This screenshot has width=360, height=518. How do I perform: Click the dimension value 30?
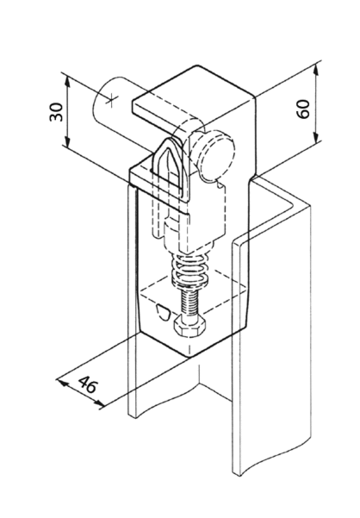coord(57,112)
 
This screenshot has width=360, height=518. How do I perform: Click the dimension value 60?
coord(303,109)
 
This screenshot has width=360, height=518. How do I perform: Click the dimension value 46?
coord(88,384)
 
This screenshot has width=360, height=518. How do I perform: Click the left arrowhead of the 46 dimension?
coord(64,384)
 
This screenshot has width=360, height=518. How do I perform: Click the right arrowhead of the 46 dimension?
coord(100,403)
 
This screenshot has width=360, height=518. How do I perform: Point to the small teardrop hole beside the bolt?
coord(162,311)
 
